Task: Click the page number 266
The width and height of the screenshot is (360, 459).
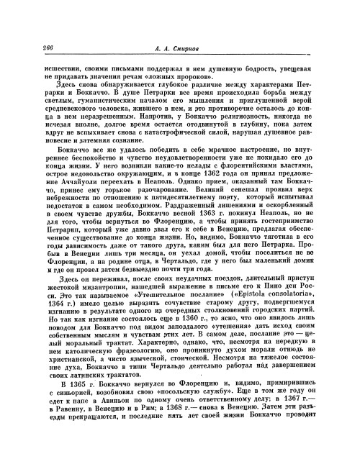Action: pos(31,46)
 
